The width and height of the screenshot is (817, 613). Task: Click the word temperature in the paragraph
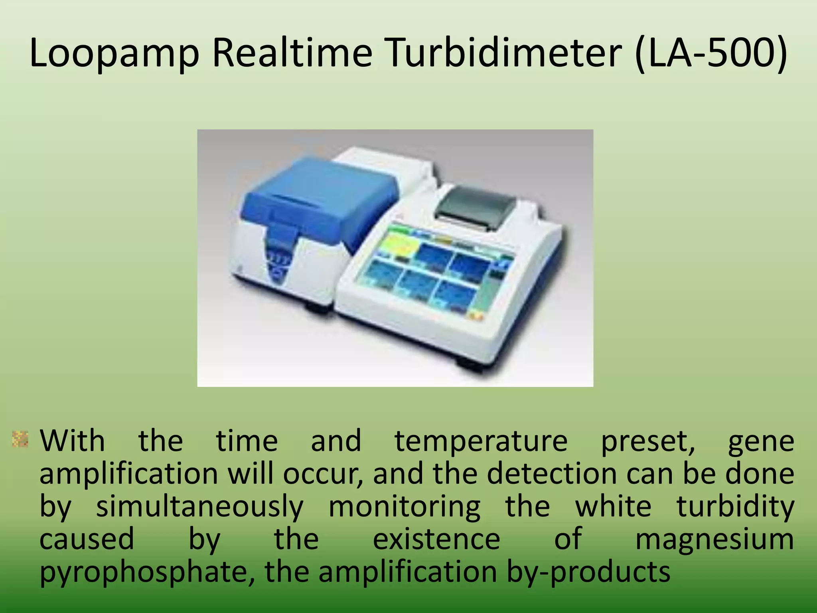tap(481, 441)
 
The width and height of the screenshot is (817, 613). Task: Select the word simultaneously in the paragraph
tap(200, 507)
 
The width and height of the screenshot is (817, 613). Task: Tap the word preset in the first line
tap(647, 442)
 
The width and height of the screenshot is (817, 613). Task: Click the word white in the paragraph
tap(613, 507)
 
